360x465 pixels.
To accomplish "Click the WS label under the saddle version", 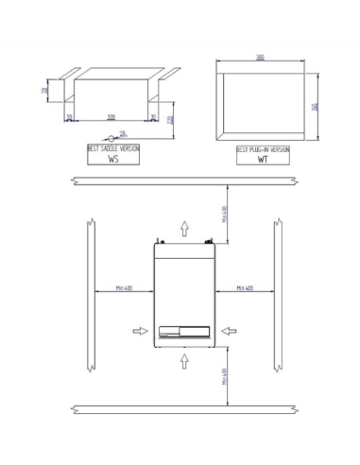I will point(112,161).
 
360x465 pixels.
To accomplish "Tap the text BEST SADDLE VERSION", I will point(112,149).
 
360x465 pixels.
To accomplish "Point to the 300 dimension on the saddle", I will point(111,117).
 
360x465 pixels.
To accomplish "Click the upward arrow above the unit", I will point(184,226).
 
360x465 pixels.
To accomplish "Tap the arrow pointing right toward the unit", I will point(140,330).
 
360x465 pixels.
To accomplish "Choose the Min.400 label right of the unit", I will point(243,288).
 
